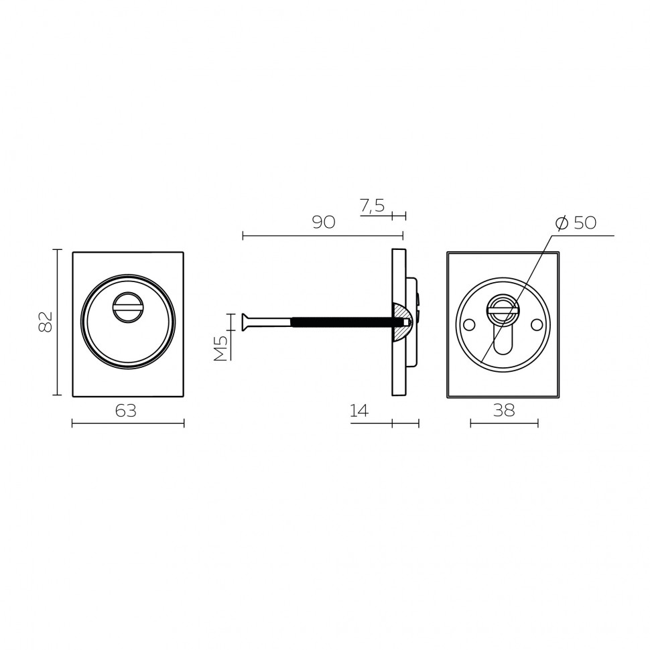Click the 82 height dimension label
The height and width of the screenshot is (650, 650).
46,322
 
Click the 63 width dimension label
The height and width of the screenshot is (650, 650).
125,411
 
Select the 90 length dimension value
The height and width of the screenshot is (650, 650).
324,222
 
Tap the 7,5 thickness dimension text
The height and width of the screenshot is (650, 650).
373,206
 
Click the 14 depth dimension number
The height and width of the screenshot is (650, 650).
359,411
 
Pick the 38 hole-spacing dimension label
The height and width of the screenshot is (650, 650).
504,410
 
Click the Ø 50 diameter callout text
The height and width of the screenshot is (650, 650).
576,223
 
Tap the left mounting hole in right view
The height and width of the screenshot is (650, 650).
469,325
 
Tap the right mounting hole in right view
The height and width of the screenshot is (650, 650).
537,325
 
